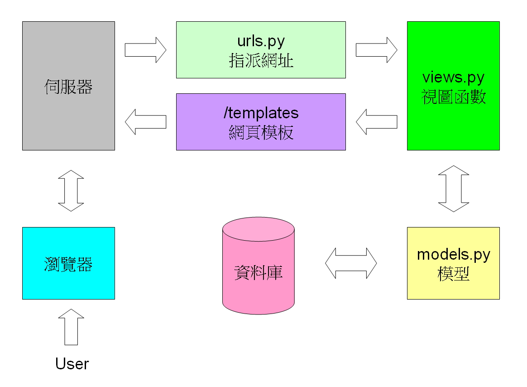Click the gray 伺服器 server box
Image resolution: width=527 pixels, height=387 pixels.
tap(68, 86)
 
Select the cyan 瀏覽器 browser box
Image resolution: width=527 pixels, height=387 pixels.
tap(68, 263)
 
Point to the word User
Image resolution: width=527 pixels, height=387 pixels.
tap(72, 363)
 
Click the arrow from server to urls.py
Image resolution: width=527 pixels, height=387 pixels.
tap(145, 50)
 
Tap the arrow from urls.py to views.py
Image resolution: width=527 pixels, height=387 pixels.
tap(376, 50)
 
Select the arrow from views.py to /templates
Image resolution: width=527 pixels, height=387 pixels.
tap(376, 121)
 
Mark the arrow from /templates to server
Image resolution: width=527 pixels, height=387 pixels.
tap(145, 121)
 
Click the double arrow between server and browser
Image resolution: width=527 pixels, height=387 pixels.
tap(71, 191)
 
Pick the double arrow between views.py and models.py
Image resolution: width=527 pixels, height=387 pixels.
tap(454, 189)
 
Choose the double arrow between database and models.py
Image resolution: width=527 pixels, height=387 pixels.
tap(351, 263)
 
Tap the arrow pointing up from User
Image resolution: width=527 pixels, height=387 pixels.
tap(71, 327)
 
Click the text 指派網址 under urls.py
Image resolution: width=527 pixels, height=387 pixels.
tap(261, 60)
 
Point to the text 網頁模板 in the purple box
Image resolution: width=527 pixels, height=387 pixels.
tap(261, 132)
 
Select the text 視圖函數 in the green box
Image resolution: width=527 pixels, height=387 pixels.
tap(454, 97)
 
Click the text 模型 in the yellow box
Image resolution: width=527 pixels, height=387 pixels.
tap(454, 274)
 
